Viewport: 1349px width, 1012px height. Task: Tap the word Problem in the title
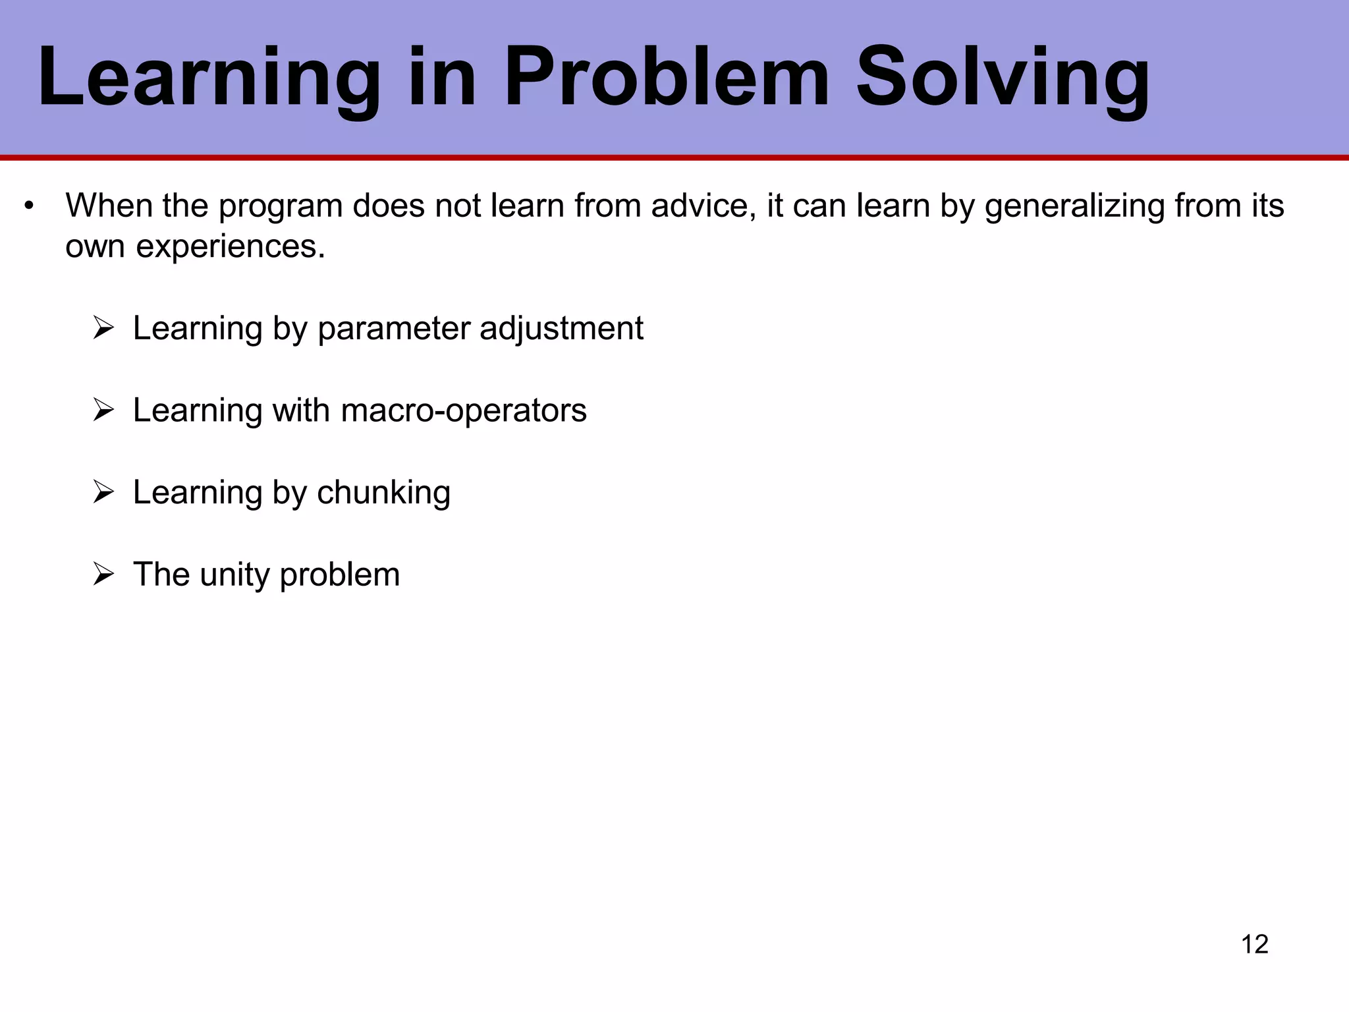tap(665, 78)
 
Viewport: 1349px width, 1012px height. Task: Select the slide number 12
tap(1254, 944)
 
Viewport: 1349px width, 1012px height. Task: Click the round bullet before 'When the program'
tap(28, 207)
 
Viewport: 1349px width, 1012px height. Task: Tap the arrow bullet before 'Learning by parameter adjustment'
tap(104, 328)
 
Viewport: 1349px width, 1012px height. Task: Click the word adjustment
tap(561, 329)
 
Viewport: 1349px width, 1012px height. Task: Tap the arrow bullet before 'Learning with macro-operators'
tap(104, 410)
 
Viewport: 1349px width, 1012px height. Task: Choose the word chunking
tap(383, 493)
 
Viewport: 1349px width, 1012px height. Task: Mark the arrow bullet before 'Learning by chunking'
tap(104, 492)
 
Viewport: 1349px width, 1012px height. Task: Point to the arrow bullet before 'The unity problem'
tap(104, 575)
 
